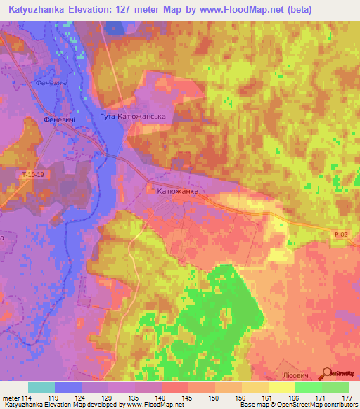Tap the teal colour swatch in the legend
(x=41, y=387)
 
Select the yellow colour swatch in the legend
(x=282, y=387)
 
